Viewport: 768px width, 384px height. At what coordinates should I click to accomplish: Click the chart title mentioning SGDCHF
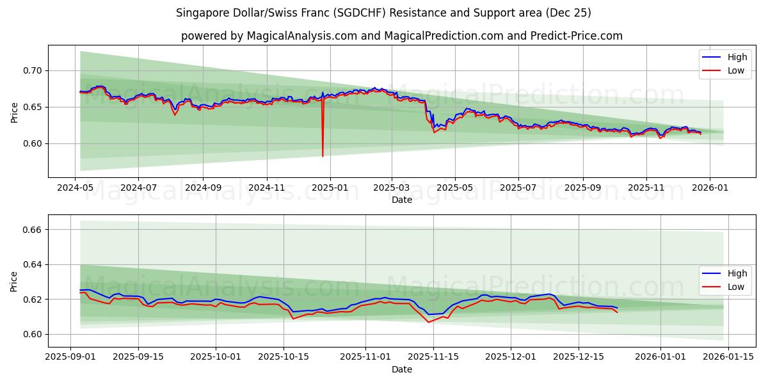tap(384, 13)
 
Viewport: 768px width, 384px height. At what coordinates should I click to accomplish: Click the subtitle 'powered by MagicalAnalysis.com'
tap(401, 36)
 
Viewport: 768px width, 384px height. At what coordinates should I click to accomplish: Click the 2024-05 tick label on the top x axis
tap(76, 188)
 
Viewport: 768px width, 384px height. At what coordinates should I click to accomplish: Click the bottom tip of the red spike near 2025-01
tap(323, 156)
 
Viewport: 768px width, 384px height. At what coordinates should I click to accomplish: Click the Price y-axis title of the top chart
tap(15, 111)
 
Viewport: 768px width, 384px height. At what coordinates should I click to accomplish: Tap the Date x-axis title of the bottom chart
tap(401, 369)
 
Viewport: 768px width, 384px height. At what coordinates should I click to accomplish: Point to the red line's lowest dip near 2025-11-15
tap(429, 322)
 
